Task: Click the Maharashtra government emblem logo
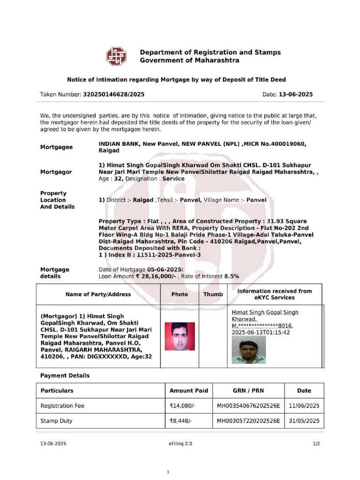(116, 56)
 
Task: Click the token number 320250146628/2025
(113, 94)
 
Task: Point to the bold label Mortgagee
(56, 147)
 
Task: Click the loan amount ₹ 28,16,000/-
(156, 277)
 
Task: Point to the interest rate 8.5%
(232, 277)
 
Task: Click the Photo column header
(180, 294)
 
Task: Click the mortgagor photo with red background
(180, 337)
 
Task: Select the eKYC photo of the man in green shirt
(248, 350)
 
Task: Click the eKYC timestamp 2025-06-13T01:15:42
(261, 332)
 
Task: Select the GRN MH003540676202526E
(248, 406)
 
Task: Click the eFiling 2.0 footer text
(180, 443)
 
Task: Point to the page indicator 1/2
(316, 443)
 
